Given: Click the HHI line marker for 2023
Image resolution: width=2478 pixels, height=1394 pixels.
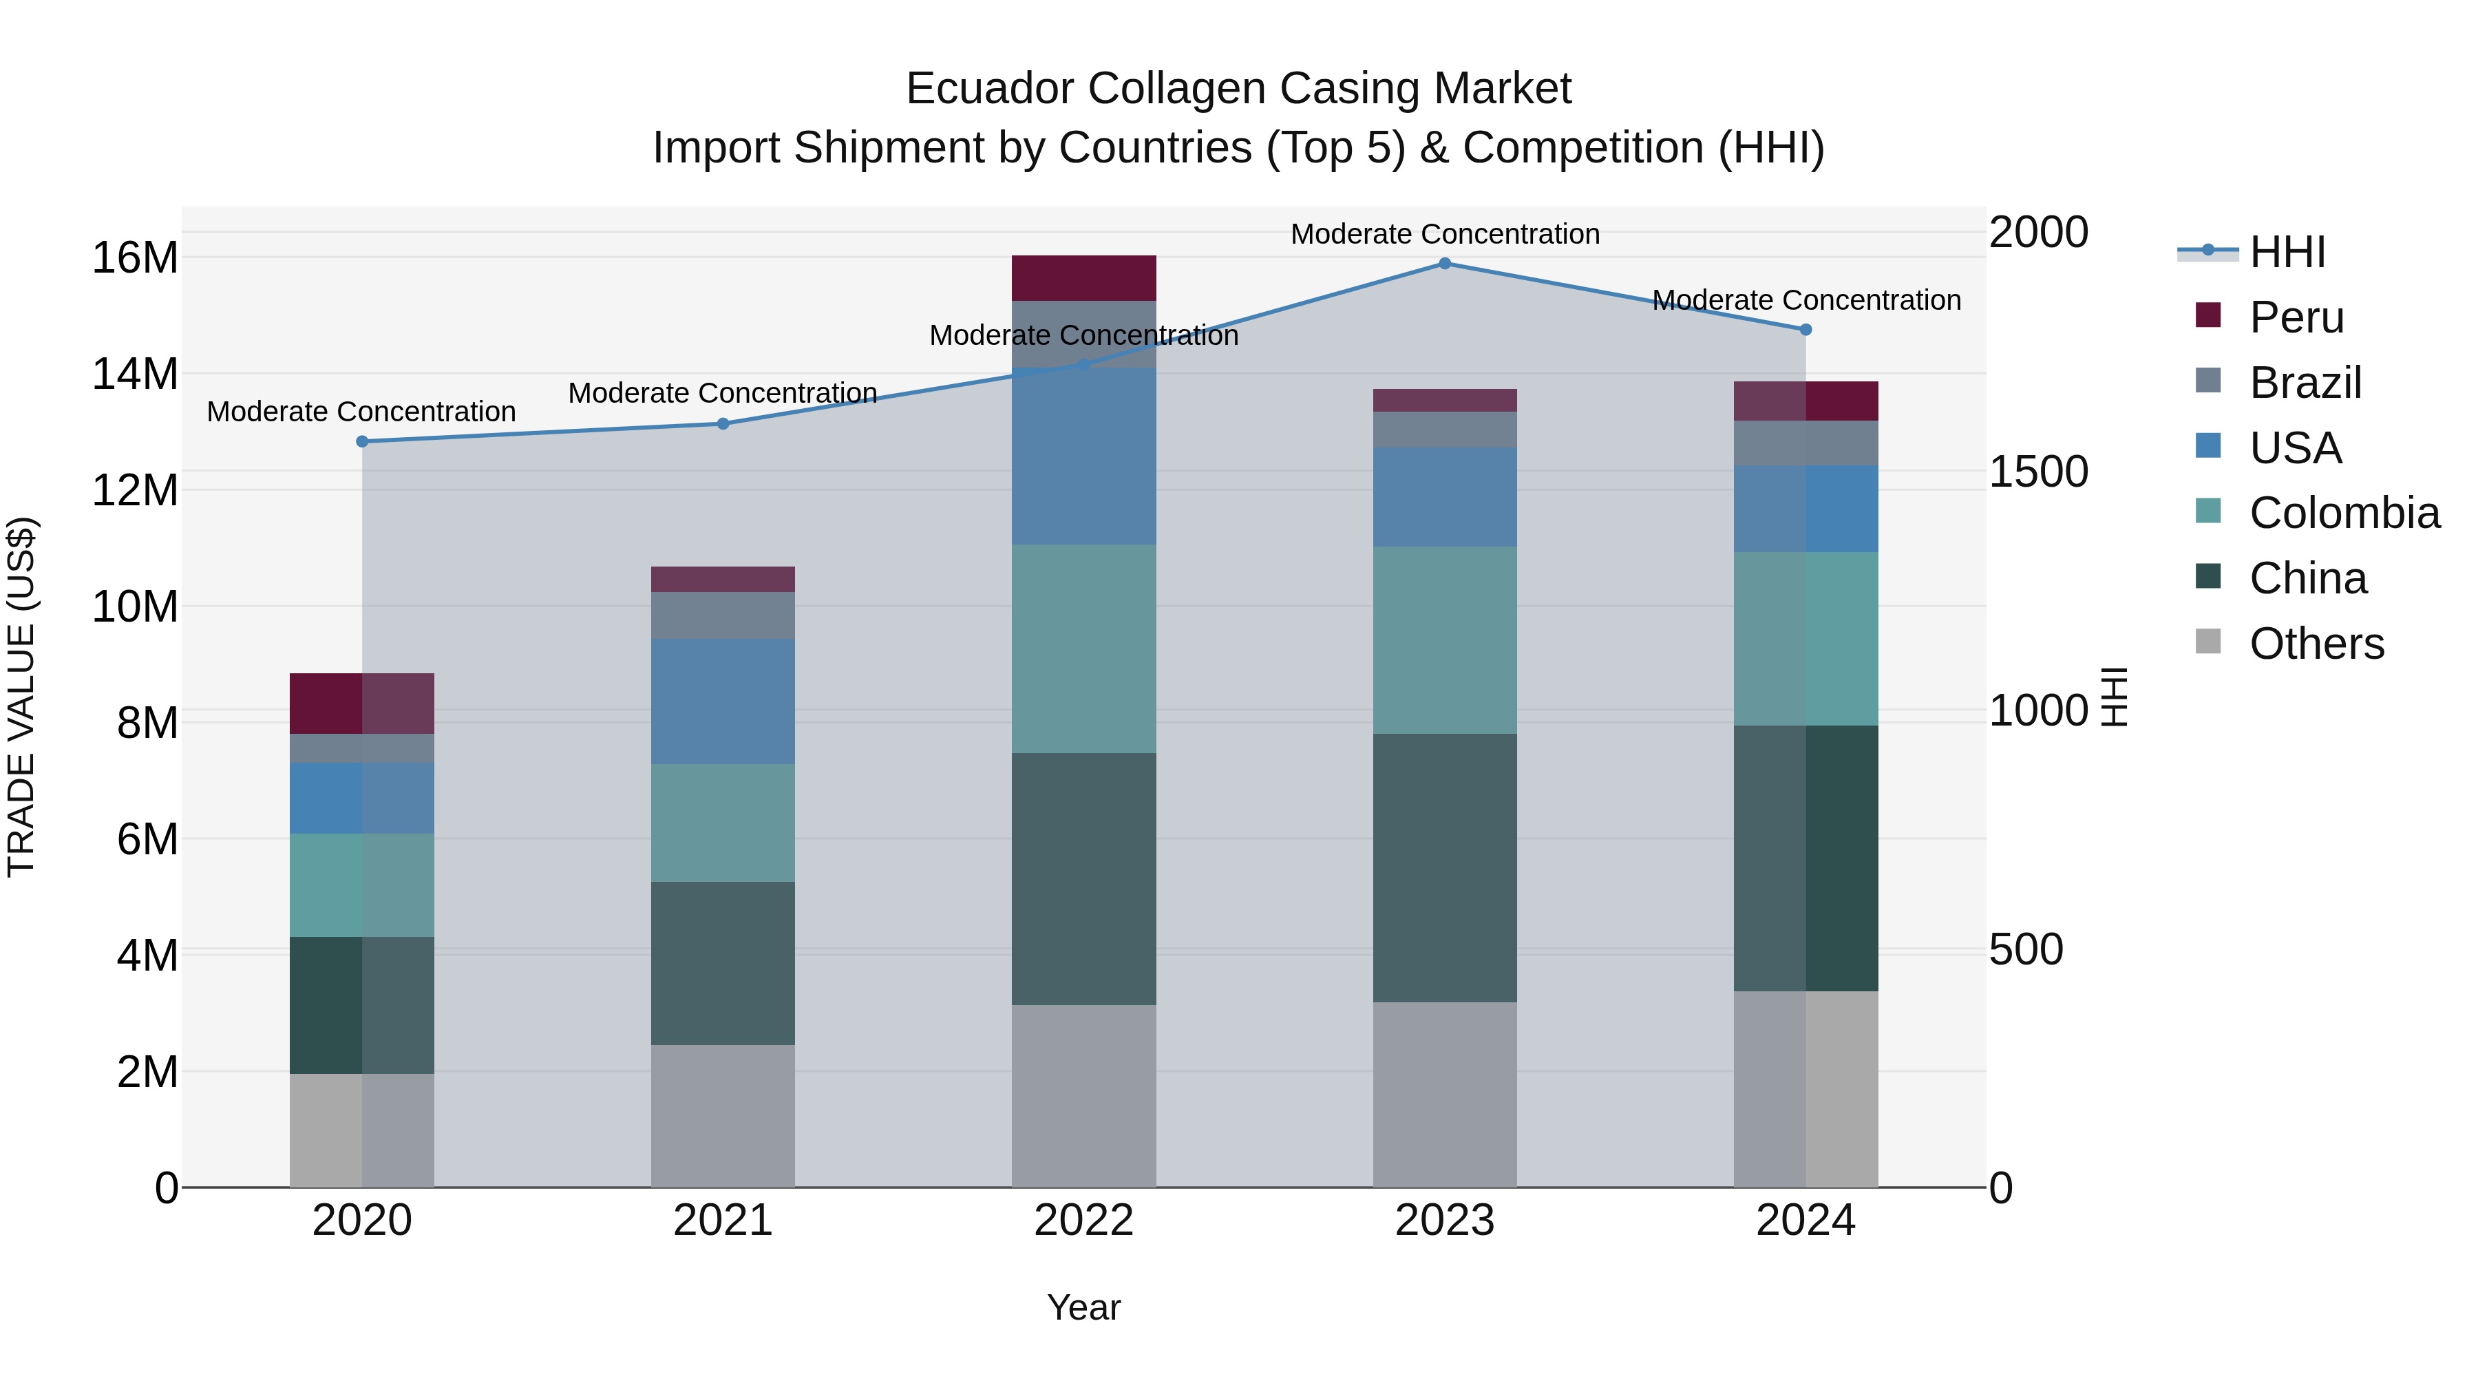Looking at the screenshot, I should point(1444,264).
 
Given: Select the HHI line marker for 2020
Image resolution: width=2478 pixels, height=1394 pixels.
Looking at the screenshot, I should point(361,441).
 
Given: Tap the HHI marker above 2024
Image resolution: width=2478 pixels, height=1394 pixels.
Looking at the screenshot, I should point(1805,330).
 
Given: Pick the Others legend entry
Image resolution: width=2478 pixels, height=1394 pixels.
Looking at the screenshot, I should point(2316,644).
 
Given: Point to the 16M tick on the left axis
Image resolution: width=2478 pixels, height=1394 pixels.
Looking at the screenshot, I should point(135,258).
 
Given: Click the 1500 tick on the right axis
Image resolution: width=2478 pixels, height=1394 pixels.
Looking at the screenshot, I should point(2037,472).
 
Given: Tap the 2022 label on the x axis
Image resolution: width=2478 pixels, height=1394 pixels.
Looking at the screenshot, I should point(1083,1221).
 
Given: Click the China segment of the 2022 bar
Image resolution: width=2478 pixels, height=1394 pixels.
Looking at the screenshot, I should point(1083,878).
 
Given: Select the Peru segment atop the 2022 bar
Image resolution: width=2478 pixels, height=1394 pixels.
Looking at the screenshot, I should point(1083,278).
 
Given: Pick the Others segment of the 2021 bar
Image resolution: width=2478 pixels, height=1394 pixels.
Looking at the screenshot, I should point(723,1116).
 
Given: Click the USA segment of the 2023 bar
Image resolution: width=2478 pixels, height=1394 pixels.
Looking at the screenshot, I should point(1444,498).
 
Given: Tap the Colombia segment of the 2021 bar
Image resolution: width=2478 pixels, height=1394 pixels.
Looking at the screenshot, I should point(723,823).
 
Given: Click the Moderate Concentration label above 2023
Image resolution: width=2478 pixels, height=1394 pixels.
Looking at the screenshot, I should point(1444,234).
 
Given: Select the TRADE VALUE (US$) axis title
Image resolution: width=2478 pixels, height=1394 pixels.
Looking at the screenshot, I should point(22,697).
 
